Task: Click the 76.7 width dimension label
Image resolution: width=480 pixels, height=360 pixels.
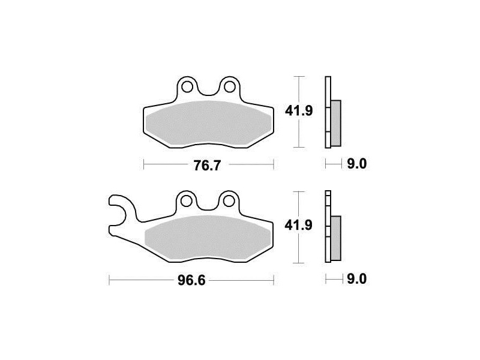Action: [207, 166]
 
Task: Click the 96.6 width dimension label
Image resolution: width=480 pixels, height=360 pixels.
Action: [191, 281]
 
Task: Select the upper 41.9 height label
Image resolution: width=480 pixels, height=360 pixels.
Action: [299, 111]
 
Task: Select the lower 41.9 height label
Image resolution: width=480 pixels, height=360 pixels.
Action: [298, 226]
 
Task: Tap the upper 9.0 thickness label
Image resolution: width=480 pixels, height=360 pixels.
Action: [356, 164]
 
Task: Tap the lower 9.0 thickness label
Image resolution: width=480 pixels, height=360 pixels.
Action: [356, 279]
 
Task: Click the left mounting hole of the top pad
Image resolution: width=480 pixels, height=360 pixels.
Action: [187, 87]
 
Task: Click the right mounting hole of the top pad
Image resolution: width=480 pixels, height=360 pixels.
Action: [230, 87]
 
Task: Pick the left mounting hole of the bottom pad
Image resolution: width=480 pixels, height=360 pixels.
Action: [187, 201]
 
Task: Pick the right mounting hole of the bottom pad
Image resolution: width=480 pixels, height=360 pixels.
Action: [229, 201]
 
